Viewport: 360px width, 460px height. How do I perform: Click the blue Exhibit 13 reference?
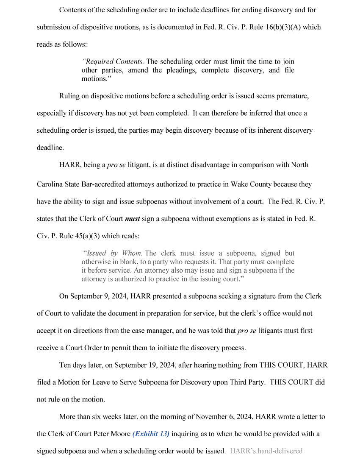[151, 434]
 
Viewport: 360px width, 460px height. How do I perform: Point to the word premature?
[292, 96]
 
